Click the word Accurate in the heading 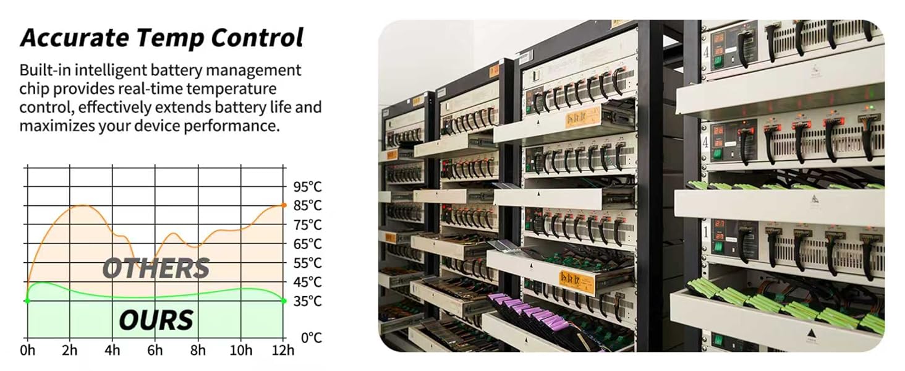pos(75,38)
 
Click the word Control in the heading pos(257,38)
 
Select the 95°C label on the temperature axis pos(307,187)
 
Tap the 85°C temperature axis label pos(307,206)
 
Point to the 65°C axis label pos(307,244)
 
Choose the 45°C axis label pos(307,282)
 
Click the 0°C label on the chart pos(312,338)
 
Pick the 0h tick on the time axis pos(27,350)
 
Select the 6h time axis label pos(155,350)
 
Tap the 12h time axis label pos(283,350)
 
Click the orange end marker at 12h pos(284,205)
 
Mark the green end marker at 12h pos(284,301)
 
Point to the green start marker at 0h pos(27,301)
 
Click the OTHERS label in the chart pos(156,268)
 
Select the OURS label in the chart pos(156,320)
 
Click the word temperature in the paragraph pos(231,89)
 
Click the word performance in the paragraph pos(231,126)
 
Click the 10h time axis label pos(241,350)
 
